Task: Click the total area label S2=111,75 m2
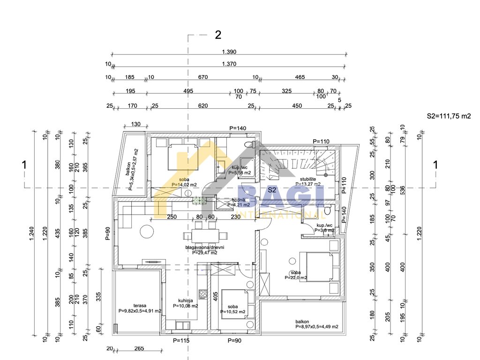pos(448,116)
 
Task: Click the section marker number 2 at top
pos(218,34)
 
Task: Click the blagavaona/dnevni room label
pos(204,247)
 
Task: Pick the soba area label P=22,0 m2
pos(295,277)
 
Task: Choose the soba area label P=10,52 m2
pos(233,311)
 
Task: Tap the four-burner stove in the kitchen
pos(204,294)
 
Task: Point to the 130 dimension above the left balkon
pos(135,124)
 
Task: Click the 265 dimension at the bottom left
pos(139,348)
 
